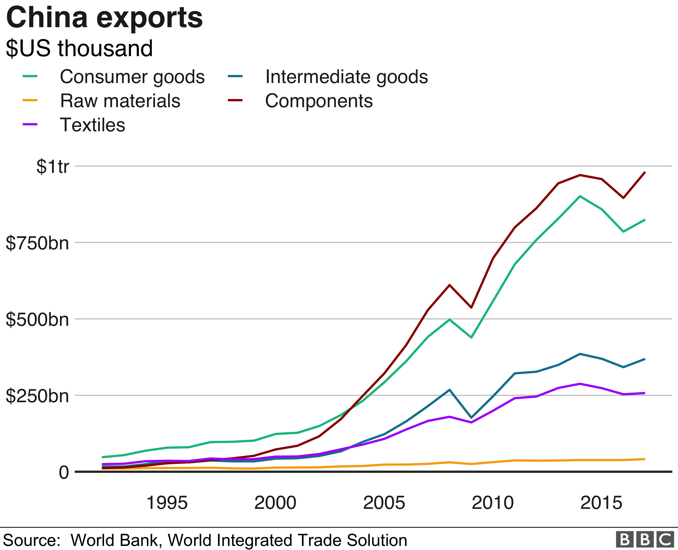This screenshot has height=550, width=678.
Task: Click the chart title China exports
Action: (x=104, y=18)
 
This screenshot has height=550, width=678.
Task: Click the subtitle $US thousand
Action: (x=79, y=48)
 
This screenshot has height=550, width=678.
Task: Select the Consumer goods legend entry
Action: (x=132, y=77)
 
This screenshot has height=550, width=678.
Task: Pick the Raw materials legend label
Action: (x=120, y=101)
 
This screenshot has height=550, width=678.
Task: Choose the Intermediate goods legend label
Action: (x=346, y=77)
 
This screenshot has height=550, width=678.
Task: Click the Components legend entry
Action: (x=319, y=101)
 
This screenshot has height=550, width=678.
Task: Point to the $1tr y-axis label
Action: (x=53, y=166)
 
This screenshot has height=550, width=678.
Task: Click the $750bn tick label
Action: (x=37, y=243)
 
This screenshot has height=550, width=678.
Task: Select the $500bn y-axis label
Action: (x=37, y=319)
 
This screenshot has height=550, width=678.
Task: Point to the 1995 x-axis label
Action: (x=167, y=503)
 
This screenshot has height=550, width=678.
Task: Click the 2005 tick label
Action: (x=384, y=503)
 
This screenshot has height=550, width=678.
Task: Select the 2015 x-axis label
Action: (x=601, y=503)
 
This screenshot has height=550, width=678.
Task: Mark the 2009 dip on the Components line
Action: (x=471, y=307)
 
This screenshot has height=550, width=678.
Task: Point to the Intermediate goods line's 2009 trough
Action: (x=471, y=417)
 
